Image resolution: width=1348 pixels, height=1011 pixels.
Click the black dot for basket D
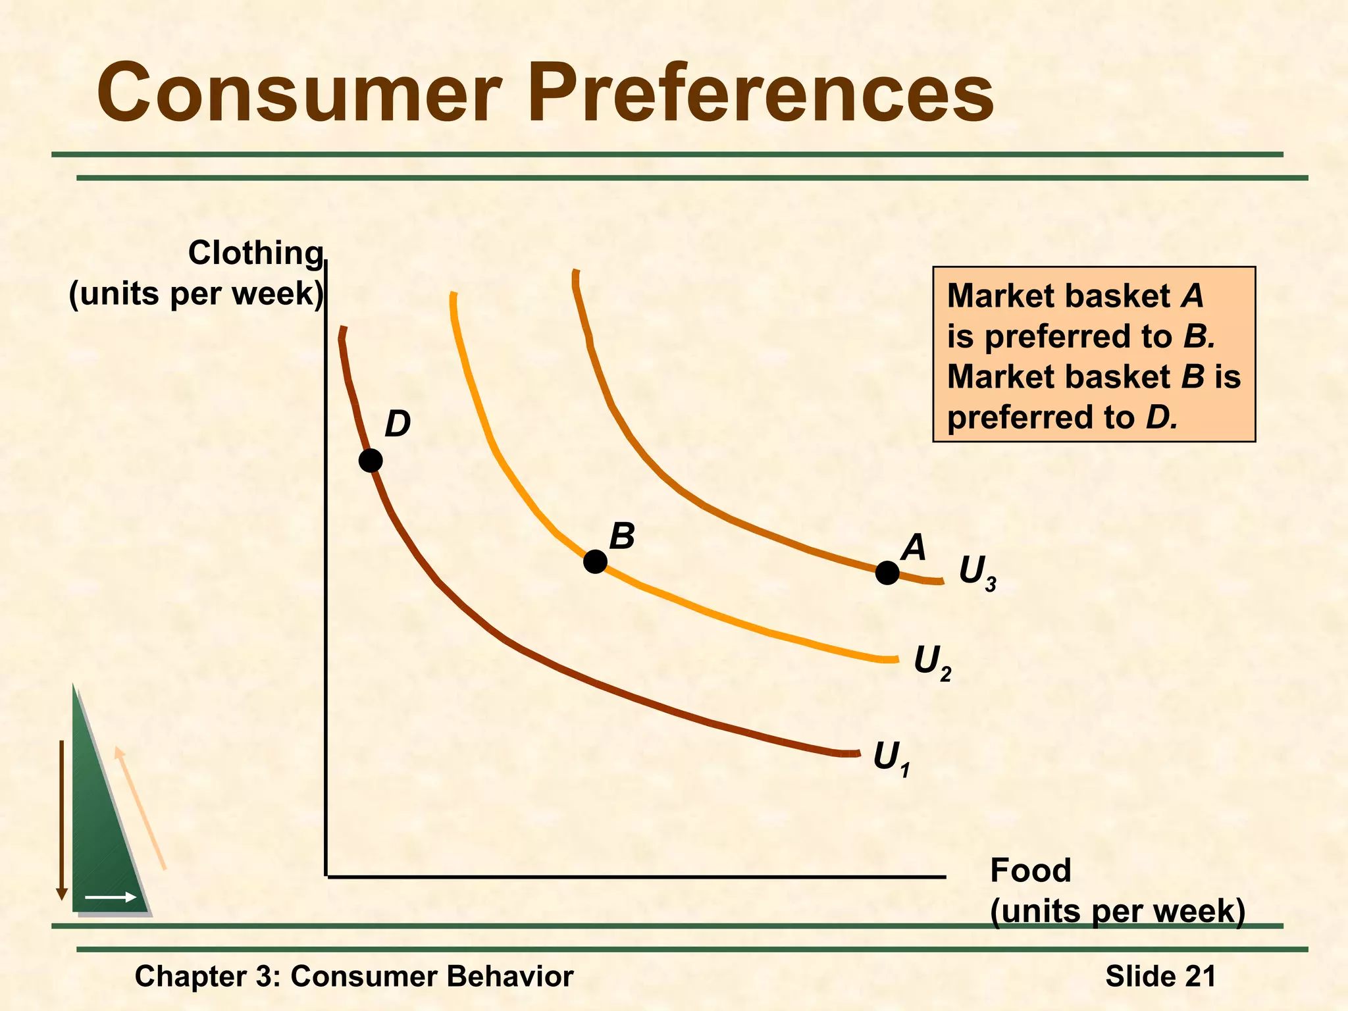coord(371,461)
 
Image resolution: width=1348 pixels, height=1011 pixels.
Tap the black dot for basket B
coord(595,561)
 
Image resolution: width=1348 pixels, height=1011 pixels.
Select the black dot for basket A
coord(887,573)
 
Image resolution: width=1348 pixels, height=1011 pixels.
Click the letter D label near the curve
coord(398,425)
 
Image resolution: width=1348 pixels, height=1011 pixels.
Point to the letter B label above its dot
coord(621,536)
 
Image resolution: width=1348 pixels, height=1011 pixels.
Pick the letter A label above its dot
coord(914,548)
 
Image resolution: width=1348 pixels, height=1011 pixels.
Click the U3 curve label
coord(977,573)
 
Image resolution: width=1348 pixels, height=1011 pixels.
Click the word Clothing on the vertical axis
coord(255,253)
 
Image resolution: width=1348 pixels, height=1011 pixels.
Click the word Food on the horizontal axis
coord(1030,871)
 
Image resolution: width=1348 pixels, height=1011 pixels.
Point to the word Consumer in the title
coord(299,93)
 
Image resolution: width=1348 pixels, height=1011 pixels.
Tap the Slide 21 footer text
coord(1160,976)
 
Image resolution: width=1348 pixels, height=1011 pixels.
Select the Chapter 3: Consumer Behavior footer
coord(353,976)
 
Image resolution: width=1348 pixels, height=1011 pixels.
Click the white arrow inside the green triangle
coord(111,897)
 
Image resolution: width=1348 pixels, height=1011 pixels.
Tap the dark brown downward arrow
coord(62,819)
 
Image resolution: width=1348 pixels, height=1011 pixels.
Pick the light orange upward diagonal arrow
coord(140,808)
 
